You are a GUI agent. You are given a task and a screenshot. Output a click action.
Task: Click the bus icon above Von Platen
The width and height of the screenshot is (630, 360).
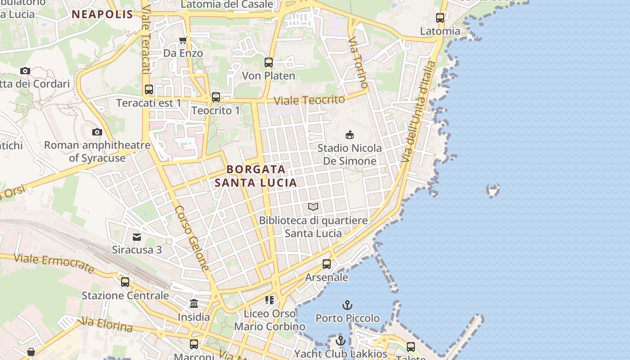(269, 63)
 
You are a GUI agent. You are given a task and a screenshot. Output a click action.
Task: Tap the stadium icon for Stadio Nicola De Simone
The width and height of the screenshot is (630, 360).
(349, 135)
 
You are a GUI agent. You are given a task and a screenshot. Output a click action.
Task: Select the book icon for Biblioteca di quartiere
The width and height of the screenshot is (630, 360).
(313, 207)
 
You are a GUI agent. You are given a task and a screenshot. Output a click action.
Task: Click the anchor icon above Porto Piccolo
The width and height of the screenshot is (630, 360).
(347, 305)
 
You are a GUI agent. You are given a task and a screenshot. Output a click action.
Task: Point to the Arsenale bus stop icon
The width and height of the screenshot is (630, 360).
(327, 264)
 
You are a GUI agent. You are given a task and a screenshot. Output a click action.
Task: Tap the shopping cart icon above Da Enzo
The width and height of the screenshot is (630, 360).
(183, 40)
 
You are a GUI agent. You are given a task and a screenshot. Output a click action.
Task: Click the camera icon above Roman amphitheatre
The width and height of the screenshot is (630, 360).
(97, 132)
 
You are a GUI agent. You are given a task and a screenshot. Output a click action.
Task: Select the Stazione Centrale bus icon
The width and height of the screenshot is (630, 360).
(125, 282)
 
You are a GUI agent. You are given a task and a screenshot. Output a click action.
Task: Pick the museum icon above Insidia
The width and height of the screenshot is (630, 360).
(194, 303)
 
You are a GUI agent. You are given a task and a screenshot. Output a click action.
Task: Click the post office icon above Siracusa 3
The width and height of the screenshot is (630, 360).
(137, 237)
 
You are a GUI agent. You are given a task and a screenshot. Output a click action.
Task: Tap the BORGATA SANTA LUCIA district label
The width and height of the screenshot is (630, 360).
(256, 176)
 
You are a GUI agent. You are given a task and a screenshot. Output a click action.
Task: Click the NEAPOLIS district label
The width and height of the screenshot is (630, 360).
(103, 14)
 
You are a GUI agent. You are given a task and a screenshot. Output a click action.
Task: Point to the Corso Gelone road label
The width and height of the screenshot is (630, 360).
(192, 238)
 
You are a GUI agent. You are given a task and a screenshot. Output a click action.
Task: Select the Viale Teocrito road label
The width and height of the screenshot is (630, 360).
(310, 100)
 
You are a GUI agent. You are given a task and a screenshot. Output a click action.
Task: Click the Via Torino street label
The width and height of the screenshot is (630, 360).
(358, 63)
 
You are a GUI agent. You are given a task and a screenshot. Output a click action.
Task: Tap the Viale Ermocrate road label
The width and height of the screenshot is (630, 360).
(54, 263)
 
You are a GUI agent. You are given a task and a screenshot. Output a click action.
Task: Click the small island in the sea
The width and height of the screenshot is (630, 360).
(493, 190)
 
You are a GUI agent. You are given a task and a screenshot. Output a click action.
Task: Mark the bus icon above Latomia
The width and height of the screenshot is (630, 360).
(440, 18)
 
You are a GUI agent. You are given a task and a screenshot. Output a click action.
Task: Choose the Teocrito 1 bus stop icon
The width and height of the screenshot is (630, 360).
(216, 97)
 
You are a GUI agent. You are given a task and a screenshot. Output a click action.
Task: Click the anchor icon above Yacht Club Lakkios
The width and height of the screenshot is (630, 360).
(341, 340)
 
